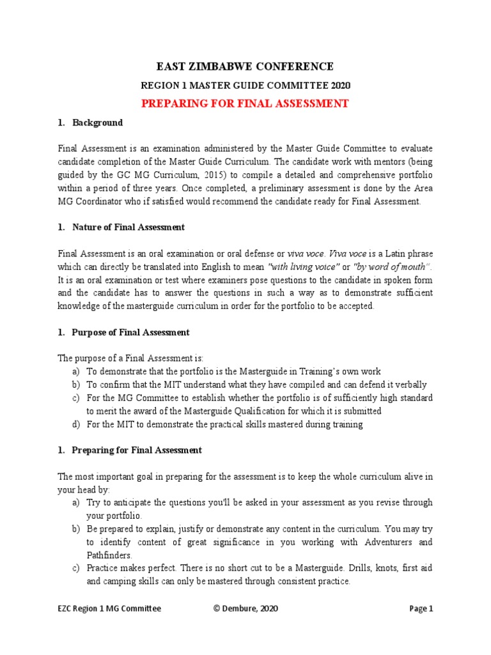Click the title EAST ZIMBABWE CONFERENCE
[245, 67]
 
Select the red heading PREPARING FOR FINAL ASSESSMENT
[245, 104]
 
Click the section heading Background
[97, 122]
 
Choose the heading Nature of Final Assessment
[129, 227]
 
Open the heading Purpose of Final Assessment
[130, 332]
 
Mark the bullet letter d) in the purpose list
[76, 424]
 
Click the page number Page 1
[421, 609]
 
